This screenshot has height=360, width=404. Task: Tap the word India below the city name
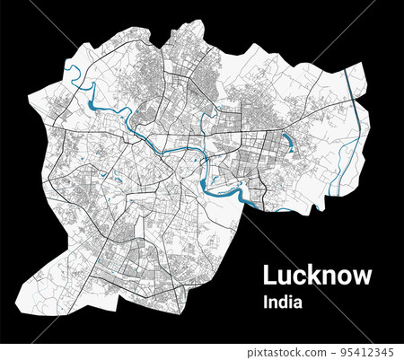(282, 303)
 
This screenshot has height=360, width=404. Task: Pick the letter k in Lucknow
(311, 276)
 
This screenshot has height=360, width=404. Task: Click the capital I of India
(265, 303)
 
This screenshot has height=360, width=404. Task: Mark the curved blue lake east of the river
(288, 142)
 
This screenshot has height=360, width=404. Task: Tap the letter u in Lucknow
(282, 277)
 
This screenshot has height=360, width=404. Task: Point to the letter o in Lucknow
(342, 277)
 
